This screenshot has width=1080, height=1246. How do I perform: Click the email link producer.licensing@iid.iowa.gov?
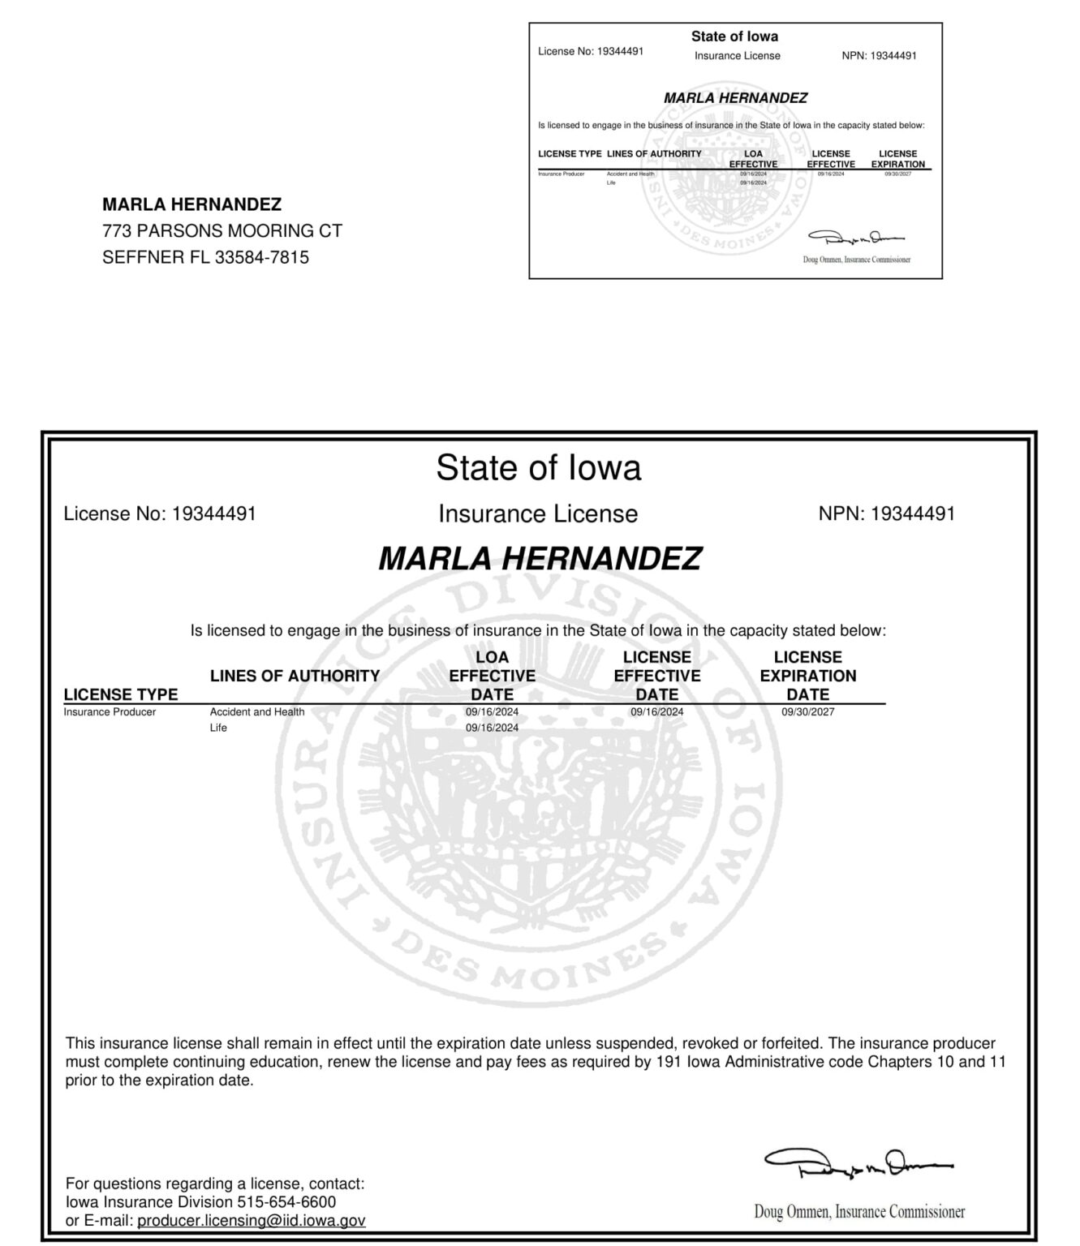pos(251,1220)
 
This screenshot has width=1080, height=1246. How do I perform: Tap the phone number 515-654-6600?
pos(286,1201)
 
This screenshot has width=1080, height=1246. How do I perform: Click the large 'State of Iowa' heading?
pos(539,467)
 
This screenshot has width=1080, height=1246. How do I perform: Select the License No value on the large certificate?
pos(214,513)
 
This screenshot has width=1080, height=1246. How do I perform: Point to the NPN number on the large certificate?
pos(913,513)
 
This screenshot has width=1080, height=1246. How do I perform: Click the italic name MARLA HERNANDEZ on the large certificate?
pos(540,558)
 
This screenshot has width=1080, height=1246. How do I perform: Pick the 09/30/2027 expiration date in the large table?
pos(808,712)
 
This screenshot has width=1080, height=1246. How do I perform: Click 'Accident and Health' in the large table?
pos(257,712)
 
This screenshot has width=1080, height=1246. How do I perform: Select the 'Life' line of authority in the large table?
pos(218,728)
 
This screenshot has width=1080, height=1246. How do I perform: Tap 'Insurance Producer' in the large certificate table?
pos(110,712)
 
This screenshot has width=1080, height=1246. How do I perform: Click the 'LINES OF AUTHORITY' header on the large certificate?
pos(295,676)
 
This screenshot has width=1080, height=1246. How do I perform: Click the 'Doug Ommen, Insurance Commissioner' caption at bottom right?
pos(859,1212)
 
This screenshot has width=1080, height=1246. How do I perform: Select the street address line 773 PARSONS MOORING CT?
pos(222,231)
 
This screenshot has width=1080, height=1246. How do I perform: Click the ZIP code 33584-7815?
pos(261,258)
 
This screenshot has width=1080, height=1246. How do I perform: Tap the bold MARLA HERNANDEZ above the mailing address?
pos(191,204)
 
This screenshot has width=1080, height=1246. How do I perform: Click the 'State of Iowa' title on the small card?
pos(734,37)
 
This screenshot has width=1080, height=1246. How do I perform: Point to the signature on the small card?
pos(855,238)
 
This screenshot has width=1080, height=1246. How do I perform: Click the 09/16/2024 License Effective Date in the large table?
pos(657,712)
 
